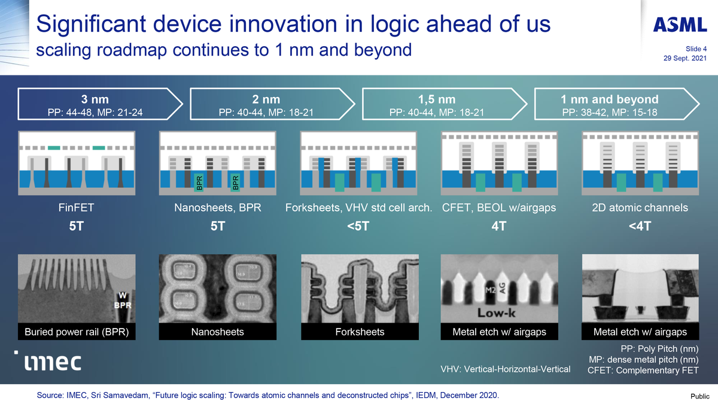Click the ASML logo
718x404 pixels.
(x=679, y=25)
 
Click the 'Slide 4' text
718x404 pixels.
(x=696, y=49)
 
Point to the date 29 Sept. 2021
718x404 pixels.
(x=684, y=59)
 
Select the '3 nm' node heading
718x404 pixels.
(x=95, y=99)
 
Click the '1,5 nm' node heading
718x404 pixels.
(x=437, y=99)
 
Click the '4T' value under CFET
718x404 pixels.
(x=498, y=227)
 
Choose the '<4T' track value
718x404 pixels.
(x=640, y=227)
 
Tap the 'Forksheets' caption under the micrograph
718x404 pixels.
(x=359, y=332)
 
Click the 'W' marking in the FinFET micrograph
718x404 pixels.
(x=122, y=294)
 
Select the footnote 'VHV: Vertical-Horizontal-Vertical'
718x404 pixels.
(x=506, y=369)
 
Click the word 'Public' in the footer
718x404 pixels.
(x=700, y=396)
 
